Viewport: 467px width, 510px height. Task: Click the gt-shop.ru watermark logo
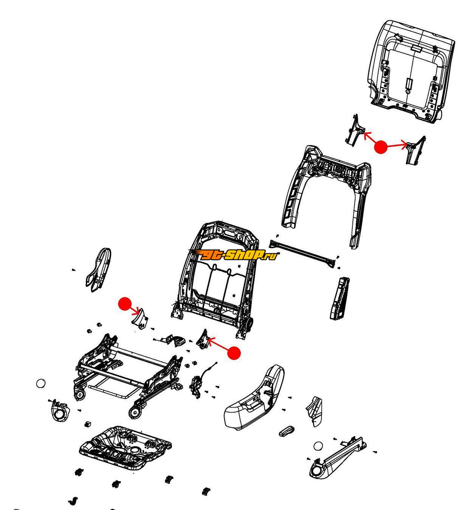pos(233,255)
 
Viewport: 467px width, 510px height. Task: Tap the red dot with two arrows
pos(381,147)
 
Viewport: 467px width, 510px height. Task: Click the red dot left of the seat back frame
pos(125,304)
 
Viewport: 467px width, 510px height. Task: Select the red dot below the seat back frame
pos(234,353)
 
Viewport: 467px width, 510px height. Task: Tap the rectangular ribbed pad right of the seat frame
pos(340,298)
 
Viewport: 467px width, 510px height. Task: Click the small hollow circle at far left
pos(41,383)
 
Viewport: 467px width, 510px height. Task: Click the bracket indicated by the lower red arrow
pos(203,339)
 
